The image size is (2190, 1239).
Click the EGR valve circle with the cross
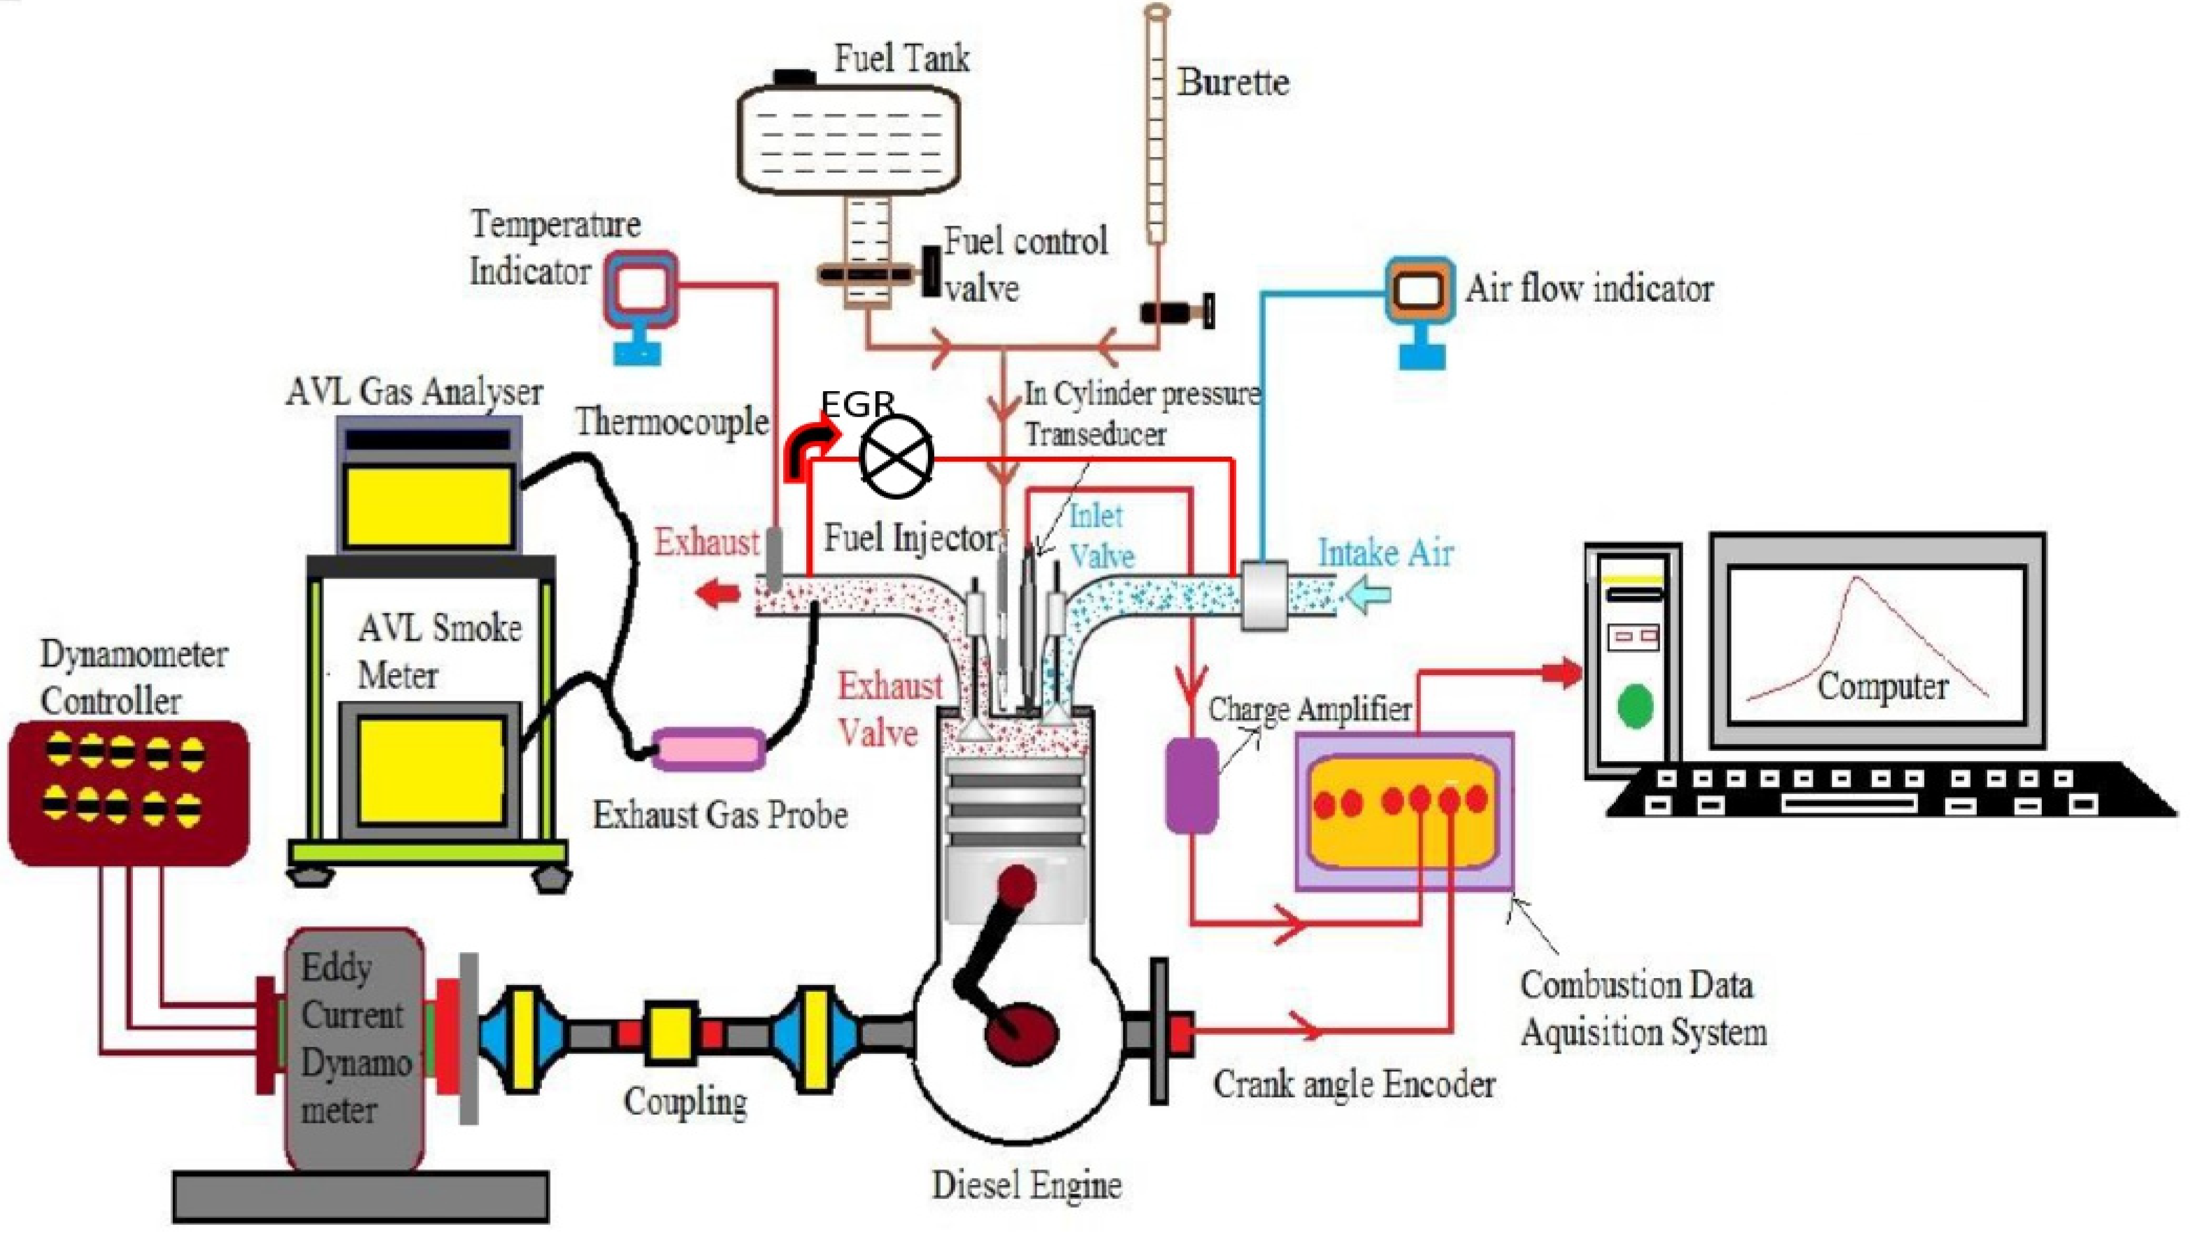tap(896, 457)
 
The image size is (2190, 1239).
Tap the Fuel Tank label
tap(901, 58)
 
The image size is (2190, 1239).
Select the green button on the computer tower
tap(1633, 706)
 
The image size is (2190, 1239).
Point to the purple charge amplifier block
tap(1191, 784)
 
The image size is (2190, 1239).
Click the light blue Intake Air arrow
tap(1365, 593)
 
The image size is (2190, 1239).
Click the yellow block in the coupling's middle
tap(668, 1034)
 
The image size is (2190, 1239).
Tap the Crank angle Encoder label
tap(1353, 1084)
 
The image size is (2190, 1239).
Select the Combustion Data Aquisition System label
tap(1643, 1009)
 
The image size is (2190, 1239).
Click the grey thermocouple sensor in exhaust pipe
tap(773, 558)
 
